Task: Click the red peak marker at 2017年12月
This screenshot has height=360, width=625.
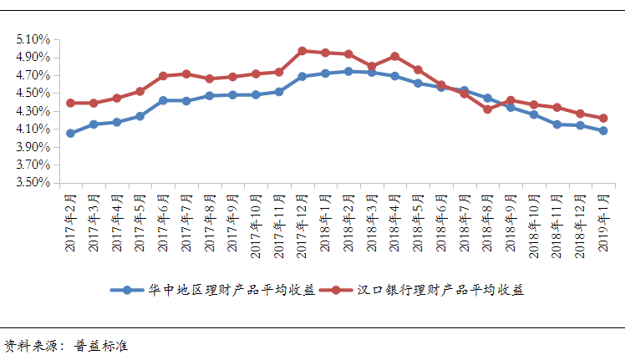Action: click(x=302, y=51)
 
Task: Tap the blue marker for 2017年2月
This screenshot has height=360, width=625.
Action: click(x=70, y=133)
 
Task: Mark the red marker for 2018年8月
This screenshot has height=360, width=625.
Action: click(x=487, y=109)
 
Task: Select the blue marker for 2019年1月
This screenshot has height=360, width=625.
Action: click(x=602, y=130)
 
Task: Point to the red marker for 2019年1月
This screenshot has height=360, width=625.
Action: click(x=602, y=118)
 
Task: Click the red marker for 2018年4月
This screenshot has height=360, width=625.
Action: click(x=394, y=57)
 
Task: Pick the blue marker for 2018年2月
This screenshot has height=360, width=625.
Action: click(x=348, y=71)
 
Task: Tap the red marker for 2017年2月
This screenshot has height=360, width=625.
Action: click(x=70, y=103)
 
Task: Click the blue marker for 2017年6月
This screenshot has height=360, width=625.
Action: click(x=163, y=100)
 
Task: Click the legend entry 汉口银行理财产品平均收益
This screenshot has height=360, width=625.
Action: click(x=440, y=290)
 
